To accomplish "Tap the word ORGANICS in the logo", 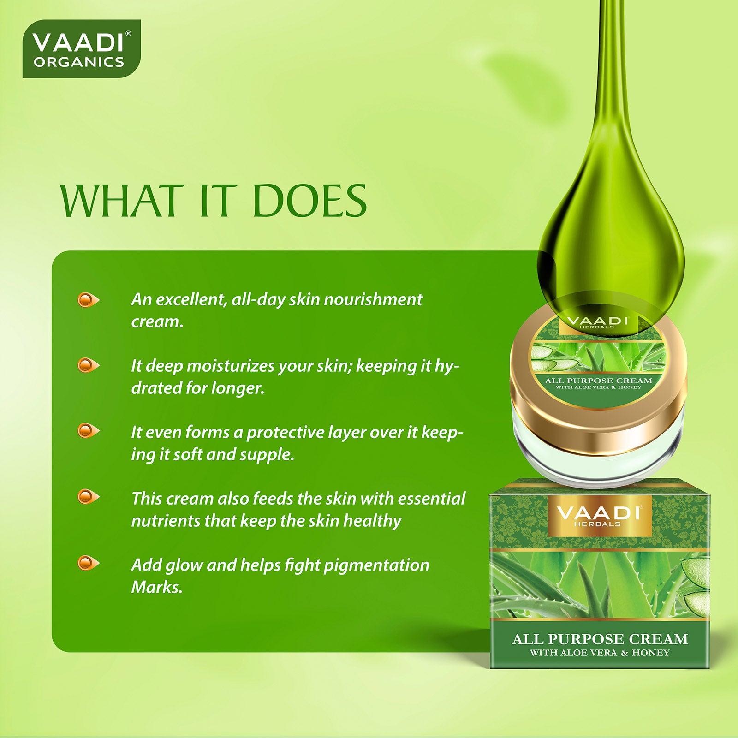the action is point(79,62).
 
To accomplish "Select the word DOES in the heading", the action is point(309,201).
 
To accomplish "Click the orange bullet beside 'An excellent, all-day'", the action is point(88,300).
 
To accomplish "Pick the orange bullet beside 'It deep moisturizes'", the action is point(88,366).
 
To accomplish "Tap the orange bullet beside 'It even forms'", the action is point(88,431).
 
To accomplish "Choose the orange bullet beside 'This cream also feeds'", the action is point(88,497).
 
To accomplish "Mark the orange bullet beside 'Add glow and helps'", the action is point(88,563).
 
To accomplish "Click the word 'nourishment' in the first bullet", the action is point(373,299).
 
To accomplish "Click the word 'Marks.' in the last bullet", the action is point(157,587).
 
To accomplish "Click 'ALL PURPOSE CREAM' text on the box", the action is point(600,639).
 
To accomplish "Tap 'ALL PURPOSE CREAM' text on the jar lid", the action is point(599,381).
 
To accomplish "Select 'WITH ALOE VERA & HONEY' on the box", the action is point(600,653).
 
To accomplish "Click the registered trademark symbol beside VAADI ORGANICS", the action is point(128,34).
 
